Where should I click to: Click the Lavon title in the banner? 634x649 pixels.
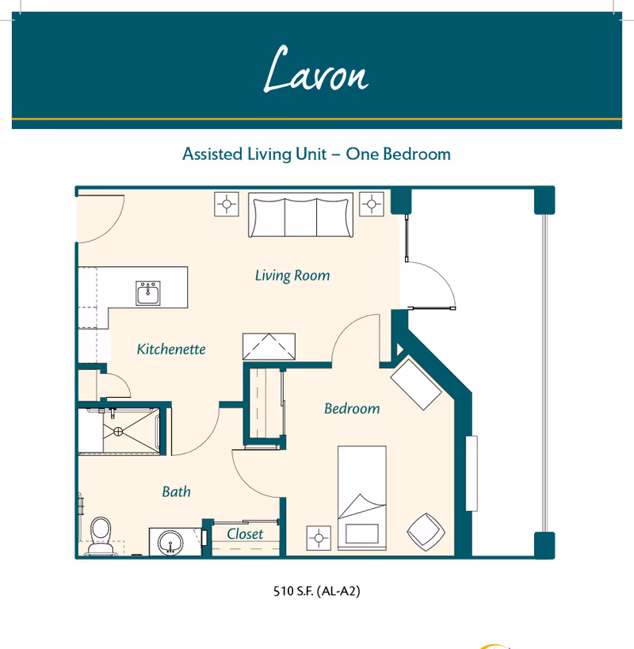click(x=316, y=69)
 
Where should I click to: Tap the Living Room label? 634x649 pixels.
click(x=292, y=276)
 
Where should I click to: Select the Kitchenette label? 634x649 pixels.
click(x=171, y=349)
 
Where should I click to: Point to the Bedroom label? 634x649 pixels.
click(x=352, y=409)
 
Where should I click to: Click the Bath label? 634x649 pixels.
click(x=176, y=492)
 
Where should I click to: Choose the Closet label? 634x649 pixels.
click(x=245, y=534)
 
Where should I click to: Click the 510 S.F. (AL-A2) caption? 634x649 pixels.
click(x=316, y=591)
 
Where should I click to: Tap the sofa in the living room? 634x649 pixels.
click(x=301, y=216)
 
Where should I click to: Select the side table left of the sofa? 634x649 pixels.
click(x=227, y=204)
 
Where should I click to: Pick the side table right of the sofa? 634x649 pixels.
click(x=371, y=204)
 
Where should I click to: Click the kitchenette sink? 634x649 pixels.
click(x=148, y=293)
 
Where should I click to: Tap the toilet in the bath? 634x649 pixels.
click(x=101, y=535)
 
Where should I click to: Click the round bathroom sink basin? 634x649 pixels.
click(x=170, y=543)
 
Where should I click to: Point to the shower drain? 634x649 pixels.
click(x=118, y=432)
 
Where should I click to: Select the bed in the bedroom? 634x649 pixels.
click(x=362, y=498)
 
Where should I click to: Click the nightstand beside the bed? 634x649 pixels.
click(x=319, y=538)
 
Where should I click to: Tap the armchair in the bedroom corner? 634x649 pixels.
click(x=426, y=532)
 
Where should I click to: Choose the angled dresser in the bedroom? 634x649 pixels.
click(x=416, y=385)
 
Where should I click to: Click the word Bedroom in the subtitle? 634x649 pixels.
click(x=417, y=154)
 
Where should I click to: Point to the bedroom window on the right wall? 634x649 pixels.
click(x=472, y=474)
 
